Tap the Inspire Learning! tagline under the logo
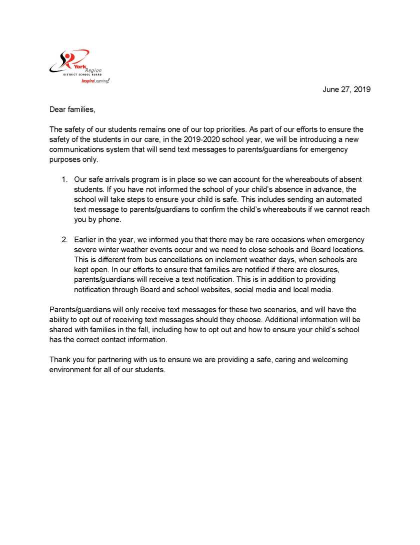(x=95, y=80)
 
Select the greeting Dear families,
(x=72, y=109)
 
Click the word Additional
(x=285, y=319)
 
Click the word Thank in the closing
(x=60, y=360)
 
